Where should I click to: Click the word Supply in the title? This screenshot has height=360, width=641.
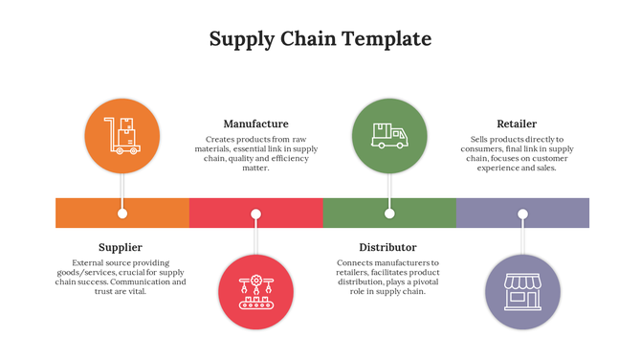point(241,39)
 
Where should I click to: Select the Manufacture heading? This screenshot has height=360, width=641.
point(255,124)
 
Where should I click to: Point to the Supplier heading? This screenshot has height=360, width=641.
point(121,247)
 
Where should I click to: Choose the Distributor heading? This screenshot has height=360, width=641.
point(387,247)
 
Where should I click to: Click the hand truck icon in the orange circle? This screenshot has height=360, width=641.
point(122,136)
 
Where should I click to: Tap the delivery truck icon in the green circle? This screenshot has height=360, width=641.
point(388,136)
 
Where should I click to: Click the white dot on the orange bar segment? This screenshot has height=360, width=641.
point(122,213)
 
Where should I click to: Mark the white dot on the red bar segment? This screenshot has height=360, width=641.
point(255,213)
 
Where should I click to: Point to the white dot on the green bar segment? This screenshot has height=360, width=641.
point(389,213)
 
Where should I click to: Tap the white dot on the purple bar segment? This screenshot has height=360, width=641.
point(522,213)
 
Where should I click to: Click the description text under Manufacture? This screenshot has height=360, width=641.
point(255,153)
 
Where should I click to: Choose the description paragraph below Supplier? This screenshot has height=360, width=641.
point(121,277)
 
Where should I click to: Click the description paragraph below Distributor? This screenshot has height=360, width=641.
point(387,277)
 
